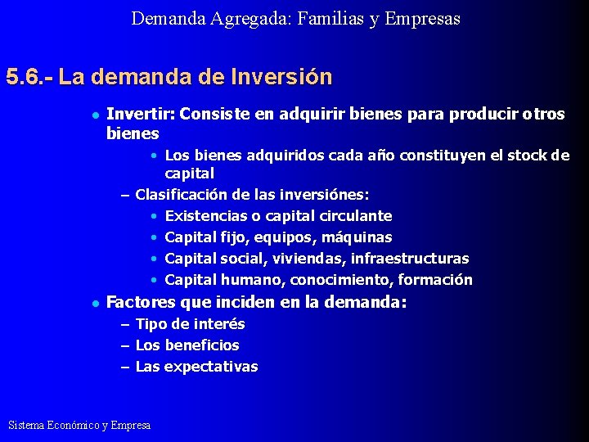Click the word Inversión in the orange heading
283,78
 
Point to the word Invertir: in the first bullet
141,115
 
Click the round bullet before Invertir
95,115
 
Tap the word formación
435,280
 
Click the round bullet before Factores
95,304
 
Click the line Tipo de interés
190,324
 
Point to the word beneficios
201,345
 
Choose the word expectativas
211,367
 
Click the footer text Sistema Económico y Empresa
79,425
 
